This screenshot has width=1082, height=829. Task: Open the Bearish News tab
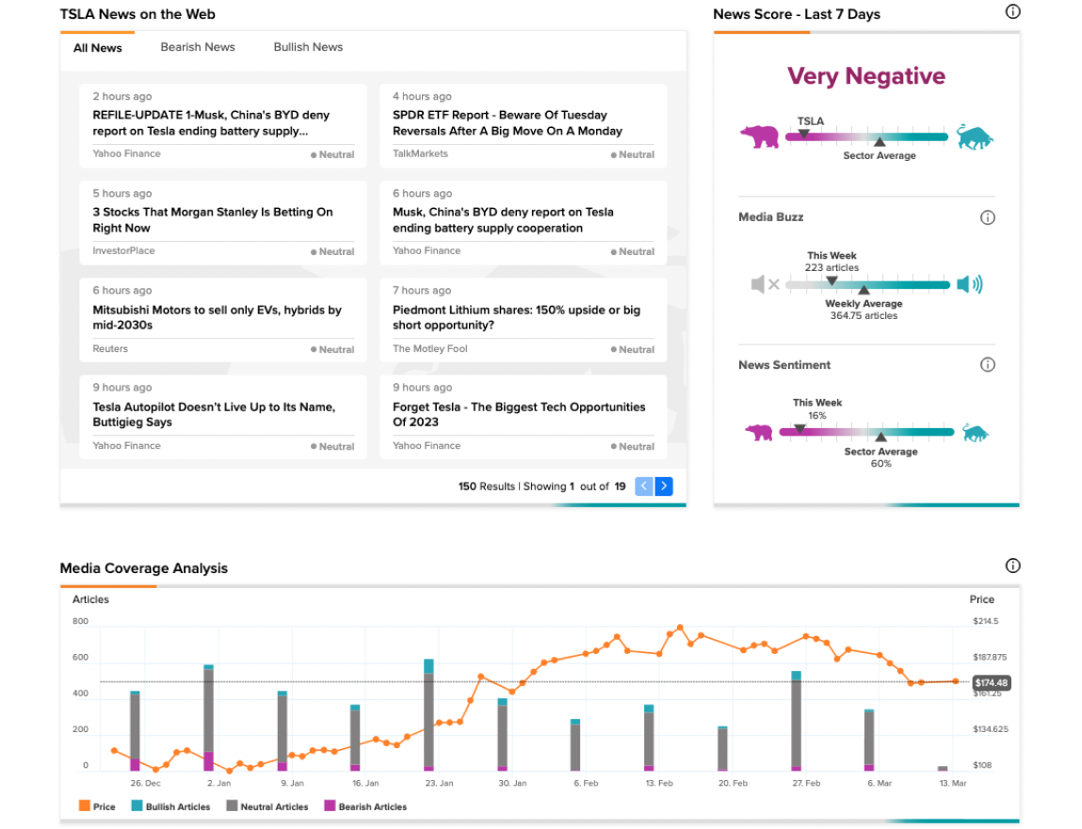click(198, 47)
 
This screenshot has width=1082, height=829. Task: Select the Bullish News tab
click(308, 47)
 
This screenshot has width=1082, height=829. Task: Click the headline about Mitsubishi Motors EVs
click(217, 317)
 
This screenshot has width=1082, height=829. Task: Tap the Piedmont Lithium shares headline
click(516, 317)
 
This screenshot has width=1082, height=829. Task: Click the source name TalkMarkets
click(420, 153)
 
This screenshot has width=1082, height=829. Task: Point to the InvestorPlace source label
click(123, 251)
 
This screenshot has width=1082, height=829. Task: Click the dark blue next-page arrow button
click(664, 486)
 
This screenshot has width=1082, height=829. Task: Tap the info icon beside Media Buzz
click(988, 218)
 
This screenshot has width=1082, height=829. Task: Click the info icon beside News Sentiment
click(988, 365)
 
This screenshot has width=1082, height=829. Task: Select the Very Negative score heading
click(866, 76)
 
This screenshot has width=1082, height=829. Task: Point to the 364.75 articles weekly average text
click(864, 316)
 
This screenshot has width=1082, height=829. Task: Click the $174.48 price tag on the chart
click(992, 683)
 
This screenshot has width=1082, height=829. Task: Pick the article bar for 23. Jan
click(428, 714)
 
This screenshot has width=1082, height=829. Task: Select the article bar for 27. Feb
click(797, 721)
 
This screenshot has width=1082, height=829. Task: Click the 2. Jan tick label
click(219, 784)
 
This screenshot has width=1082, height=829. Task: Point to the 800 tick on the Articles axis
click(80, 621)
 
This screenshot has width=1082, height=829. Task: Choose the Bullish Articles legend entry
click(171, 806)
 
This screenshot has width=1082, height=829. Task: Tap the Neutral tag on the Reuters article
click(332, 350)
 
